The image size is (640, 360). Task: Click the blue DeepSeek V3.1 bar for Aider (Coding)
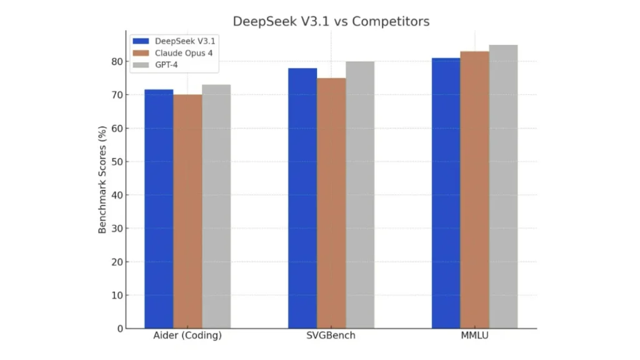159,209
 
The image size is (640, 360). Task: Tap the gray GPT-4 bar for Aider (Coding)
216,206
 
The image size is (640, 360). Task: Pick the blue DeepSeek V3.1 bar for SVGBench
302,198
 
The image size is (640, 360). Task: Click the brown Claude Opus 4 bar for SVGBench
331,203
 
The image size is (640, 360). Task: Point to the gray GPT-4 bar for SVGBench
360,195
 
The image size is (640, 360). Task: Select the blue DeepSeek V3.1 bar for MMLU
446,193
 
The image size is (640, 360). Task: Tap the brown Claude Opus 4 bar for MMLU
475,190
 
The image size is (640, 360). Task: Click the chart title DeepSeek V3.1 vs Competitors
331,21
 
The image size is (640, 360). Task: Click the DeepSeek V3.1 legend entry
178,41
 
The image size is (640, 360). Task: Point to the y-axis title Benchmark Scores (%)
102,179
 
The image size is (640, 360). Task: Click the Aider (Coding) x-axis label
187,336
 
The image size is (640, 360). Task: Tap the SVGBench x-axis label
331,336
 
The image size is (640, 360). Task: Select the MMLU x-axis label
475,336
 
